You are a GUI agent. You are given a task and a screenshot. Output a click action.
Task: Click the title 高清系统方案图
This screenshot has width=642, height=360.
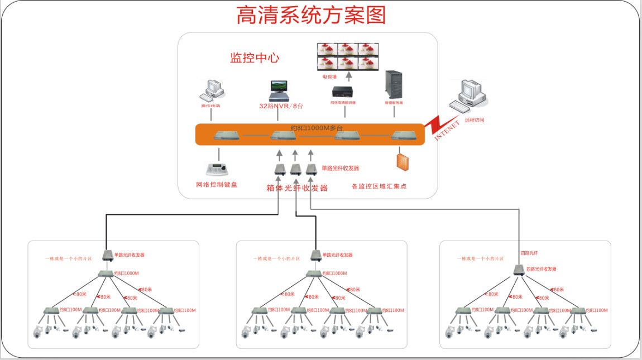point(311,16)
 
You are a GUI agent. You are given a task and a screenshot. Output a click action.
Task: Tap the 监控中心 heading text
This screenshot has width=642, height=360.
point(255,58)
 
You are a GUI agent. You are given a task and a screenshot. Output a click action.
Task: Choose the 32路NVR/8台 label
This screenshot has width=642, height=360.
point(281,106)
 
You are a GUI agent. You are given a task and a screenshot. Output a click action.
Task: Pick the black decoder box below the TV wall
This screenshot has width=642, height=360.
point(343,92)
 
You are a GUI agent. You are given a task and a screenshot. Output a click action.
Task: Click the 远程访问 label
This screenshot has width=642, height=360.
point(475,120)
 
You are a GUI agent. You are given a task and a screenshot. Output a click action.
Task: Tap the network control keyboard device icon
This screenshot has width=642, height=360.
point(217,169)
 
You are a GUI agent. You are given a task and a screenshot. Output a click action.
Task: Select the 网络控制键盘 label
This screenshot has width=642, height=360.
point(217,185)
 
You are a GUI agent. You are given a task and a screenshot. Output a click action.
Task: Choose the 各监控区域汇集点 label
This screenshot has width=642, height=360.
point(379,186)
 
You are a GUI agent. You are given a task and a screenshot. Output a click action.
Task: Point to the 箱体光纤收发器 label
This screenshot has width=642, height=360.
point(297,188)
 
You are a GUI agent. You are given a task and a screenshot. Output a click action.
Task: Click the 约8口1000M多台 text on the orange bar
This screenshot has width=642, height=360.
point(317,128)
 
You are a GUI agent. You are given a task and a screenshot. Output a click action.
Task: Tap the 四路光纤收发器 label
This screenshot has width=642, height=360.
point(541,269)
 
